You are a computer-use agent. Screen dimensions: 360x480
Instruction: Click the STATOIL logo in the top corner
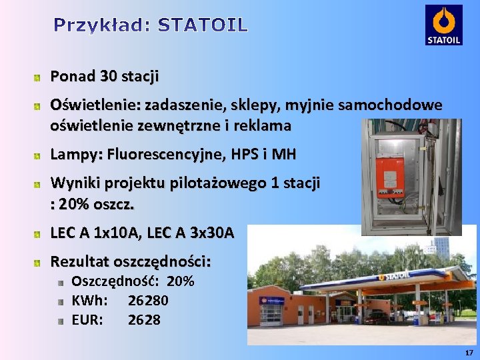click(443, 25)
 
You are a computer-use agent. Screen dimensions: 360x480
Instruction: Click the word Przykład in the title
click(100, 26)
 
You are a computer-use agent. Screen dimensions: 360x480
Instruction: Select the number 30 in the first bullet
click(108, 77)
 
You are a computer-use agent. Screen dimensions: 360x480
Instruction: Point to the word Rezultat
click(80, 261)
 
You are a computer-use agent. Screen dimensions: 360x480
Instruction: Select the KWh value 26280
click(148, 301)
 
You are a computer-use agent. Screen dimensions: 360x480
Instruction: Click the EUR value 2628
click(144, 320)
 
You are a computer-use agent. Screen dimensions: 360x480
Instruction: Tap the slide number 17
click(469, 352)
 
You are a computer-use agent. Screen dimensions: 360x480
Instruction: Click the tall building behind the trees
click(441, 247)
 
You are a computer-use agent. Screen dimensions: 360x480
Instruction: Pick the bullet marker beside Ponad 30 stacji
click(39, 77)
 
